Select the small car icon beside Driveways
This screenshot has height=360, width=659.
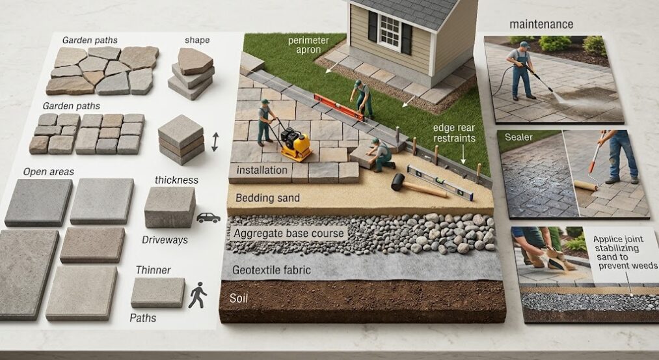point(208,217)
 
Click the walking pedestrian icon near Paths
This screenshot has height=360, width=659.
point(198,296)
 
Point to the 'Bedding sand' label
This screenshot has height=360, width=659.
point(268,198)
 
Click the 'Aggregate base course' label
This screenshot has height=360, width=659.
point(289,234)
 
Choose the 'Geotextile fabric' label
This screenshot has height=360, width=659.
point(271,270)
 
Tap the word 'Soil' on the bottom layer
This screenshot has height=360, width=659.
point(238,298)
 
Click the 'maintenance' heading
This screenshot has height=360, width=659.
point(541,24)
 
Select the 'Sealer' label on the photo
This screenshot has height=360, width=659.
point(518,137)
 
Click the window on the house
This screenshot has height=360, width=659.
point(390,31)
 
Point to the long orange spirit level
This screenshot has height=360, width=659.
point(339,107)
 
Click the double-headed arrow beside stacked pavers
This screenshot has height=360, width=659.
point(215,142)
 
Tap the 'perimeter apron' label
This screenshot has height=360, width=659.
point(308,45)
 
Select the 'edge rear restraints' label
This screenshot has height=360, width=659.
point(454,133)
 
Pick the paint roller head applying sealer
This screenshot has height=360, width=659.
point(585,186)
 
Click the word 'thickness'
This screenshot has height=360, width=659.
point(176,180)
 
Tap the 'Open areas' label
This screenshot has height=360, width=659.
point(48,172)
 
